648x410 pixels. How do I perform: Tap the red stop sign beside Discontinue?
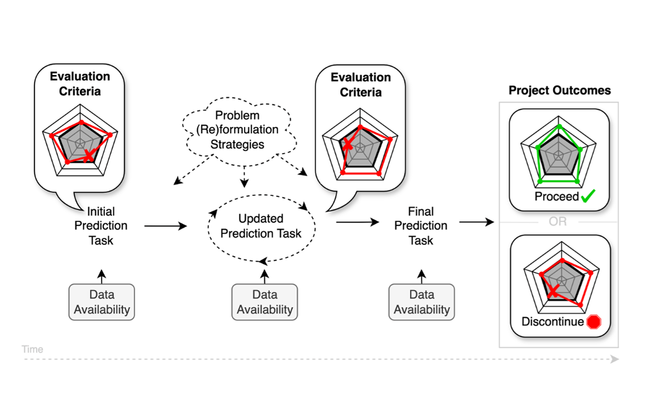pyautogui.click(x=594, y=322)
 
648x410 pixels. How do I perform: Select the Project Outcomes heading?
pyautogui.click(x=560, y=90)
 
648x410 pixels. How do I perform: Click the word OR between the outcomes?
pyautogui.click(x=558, y=222)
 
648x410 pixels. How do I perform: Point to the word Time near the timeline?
pyautogui.click(x=33, y=350)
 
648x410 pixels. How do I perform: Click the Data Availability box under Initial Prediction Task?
pyautogui.click(x=102, y=302)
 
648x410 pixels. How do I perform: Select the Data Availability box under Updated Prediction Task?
pyautogui.click(x=265, y=302)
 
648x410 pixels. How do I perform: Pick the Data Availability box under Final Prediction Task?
pyautogui.click(x=422, y=302)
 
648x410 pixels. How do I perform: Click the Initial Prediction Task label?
pyautogui.click(x=101, y=226)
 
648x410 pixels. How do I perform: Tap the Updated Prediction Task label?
pyautogui.click(x=261, y=226)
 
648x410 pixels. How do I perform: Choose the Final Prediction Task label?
pyautogui.click(x=421, y=226)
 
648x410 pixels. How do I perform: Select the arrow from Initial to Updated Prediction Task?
pyautogui.click(x=165, y=226)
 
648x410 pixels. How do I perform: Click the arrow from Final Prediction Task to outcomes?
pyautogui.click(x=477, y=222)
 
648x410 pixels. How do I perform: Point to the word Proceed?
pyautogui.click(x=557, y=197)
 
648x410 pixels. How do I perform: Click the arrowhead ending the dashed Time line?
pyautogui.click(x=615, y=359)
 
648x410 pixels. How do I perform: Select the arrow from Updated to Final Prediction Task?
pyautogui.click(x=357, y=222)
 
